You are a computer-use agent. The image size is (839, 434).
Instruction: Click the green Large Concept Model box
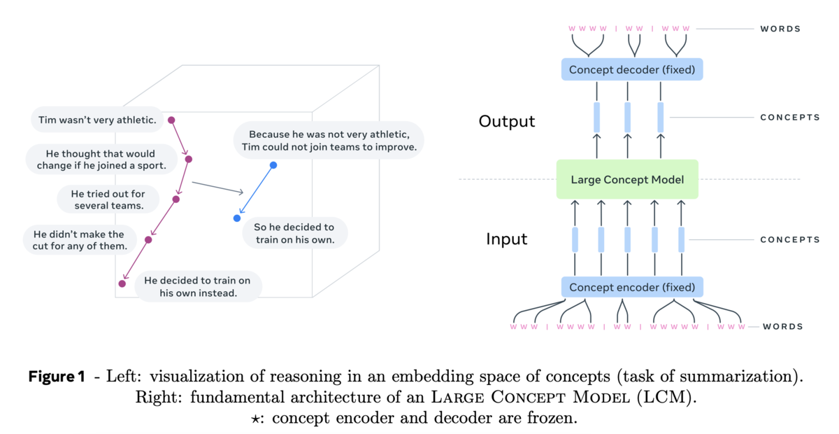click(x=627, y=179)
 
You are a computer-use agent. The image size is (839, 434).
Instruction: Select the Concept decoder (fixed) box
click(x=632, y=69)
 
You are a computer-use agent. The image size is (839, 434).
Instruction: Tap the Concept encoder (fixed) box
click(x=632, y=287)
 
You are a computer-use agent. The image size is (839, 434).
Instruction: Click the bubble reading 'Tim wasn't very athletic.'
click(x=97, y=120)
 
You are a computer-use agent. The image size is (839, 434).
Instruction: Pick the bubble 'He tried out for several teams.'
click(x=108, y=199)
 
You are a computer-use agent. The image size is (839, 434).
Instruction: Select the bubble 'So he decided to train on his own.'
click(x=295, y=233)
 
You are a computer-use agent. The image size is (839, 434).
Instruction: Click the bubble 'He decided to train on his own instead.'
click(x=198, y=286)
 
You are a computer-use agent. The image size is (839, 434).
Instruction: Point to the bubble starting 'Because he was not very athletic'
click(x=329, y=140)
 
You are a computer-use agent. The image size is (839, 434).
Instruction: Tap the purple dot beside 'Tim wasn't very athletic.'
click(x=171, y=120)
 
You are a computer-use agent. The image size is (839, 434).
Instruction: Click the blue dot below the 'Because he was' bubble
click(x=273, y=165)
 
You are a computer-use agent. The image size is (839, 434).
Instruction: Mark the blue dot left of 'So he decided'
click(x=237, y=218)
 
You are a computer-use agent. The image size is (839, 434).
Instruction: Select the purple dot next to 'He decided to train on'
click(x=122, y=284)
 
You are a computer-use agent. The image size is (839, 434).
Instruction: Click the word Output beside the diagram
click(x=507, y=121)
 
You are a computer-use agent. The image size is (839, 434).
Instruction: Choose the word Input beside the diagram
click(x=507, y=239)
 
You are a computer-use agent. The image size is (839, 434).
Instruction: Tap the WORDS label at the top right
click(x=780, y=29)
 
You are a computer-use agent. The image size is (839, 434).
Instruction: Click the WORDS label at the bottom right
click(x=783, y=327)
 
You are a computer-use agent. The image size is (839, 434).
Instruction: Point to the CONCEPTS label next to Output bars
click(x=790, y=118)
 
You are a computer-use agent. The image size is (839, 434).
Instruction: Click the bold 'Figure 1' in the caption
click(x=57, y=376)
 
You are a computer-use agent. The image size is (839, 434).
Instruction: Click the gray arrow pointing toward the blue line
click(x=217, y=188)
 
